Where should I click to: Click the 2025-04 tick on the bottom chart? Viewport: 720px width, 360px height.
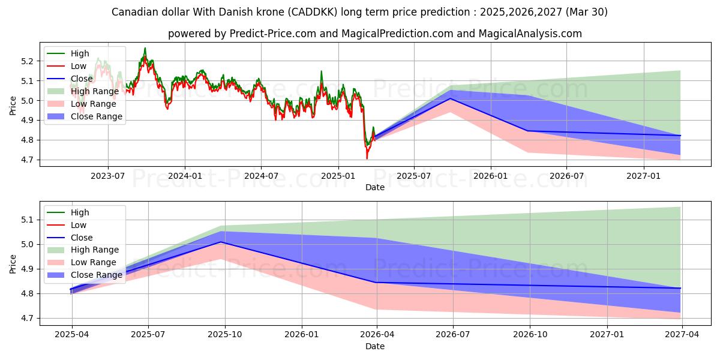click(72, 334)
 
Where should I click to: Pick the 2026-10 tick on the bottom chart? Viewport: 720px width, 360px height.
click(531, 334)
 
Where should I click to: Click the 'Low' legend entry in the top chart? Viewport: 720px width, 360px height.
click(79, 66)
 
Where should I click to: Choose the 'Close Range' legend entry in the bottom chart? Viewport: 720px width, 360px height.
click(96, 275)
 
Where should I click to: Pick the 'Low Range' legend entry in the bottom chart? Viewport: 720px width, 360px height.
click(94, 262)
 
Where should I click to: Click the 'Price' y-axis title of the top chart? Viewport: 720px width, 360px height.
click(13, 106)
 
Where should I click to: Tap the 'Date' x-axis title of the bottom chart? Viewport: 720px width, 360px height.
click(375, 346)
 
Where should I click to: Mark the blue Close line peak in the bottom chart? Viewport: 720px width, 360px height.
click(225, 242)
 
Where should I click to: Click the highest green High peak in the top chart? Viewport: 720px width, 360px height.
click(145, 48)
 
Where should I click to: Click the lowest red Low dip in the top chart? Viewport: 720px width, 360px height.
click(367, 158)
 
